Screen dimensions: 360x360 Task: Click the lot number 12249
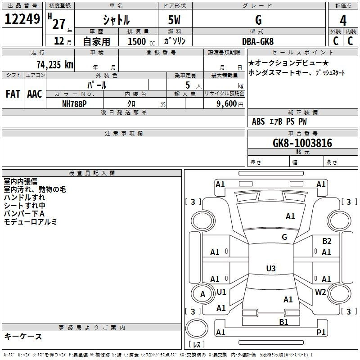click(22, 19)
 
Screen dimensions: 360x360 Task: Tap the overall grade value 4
click(343, 21)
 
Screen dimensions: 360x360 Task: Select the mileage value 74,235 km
click(55, 64)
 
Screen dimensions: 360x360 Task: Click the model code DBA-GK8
click(258, 41)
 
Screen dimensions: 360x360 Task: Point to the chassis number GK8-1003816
click(302, 143)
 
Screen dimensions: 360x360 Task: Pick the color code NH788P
click(74, 104)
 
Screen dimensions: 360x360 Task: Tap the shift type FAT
click(13, 94)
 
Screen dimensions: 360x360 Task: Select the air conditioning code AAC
click(35, 94)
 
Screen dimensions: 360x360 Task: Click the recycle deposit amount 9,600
click(226, 103)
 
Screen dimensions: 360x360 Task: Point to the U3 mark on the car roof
click(271, 268)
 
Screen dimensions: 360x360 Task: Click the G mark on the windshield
click(284, 237)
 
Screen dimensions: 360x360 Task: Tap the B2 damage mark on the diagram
click(327, 241)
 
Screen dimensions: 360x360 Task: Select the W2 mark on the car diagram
click(320, 292)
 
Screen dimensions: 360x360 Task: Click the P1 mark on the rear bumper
click(321, 332)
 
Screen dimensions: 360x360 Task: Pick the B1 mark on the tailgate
click(283, 322)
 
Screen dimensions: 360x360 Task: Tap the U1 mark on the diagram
click(221, 292)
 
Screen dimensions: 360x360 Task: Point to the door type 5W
click(174, 20)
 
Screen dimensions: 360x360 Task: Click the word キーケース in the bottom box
click(23, 337)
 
